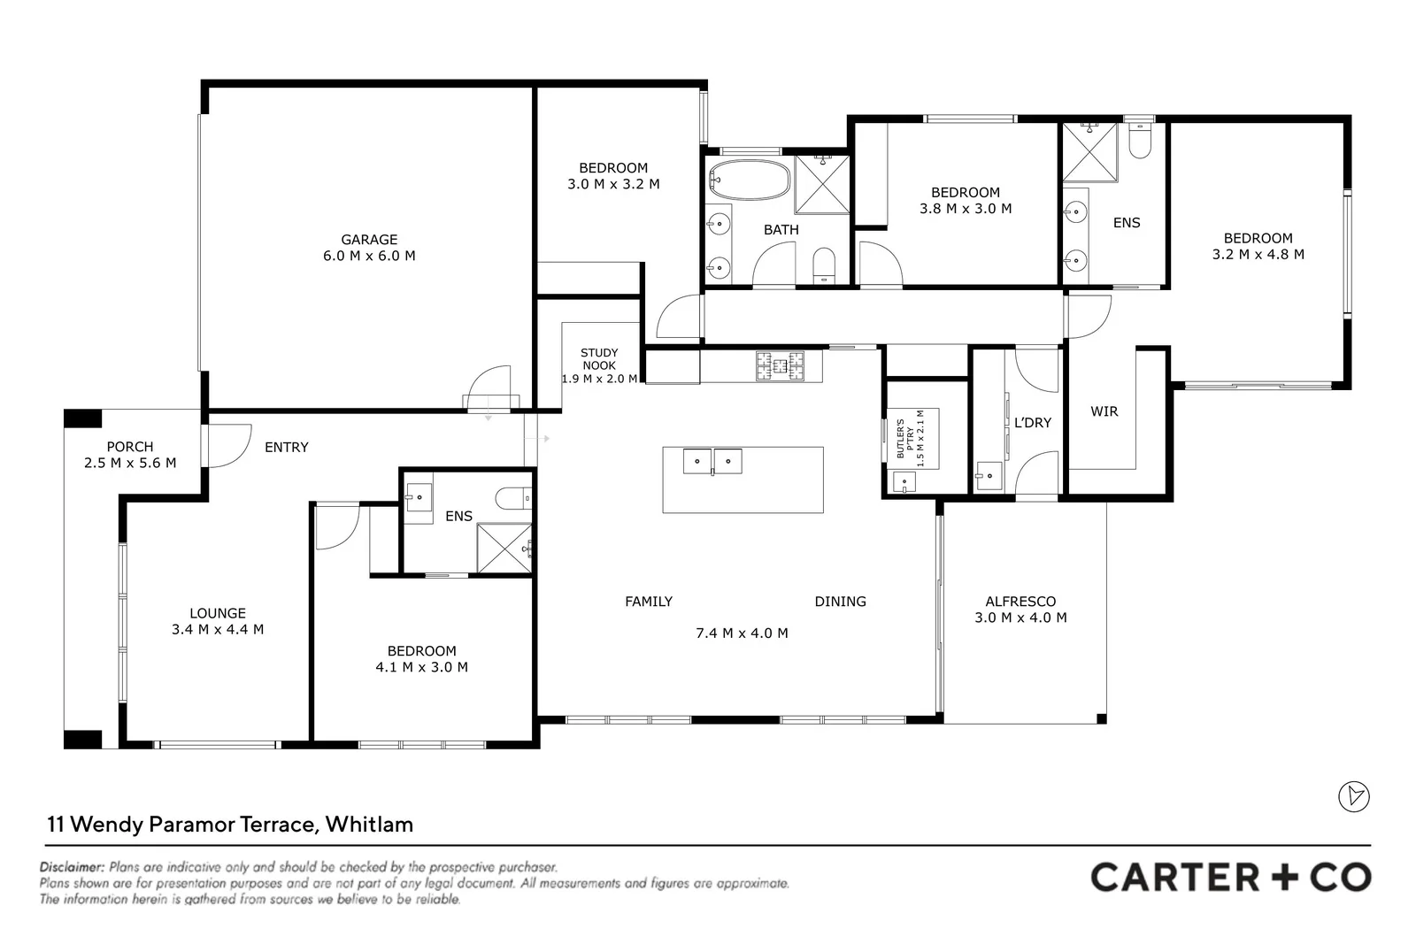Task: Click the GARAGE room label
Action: [x=369, y=239]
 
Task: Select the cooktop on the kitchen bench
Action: [x=780, y=366]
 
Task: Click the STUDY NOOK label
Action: [x=599, y=359]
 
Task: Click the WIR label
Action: [x=1104, y=411]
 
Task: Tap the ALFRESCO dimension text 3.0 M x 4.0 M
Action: [x=1020, y=618]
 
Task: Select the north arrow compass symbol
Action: [x=1353, y=796]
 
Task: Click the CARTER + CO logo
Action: [x=1230, y=877]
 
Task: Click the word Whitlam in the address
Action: [x=369, y=825]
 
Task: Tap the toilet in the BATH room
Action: [x=824, y=265]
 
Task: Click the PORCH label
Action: [x=130, y=447]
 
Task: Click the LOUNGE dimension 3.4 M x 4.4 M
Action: [x=218, y=629]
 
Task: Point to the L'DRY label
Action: [x=1033, y=423]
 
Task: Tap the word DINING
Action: [x=840, y=602]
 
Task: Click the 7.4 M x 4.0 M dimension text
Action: [x=742, y=633]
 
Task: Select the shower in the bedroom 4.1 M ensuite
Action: [x=504, y=549]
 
